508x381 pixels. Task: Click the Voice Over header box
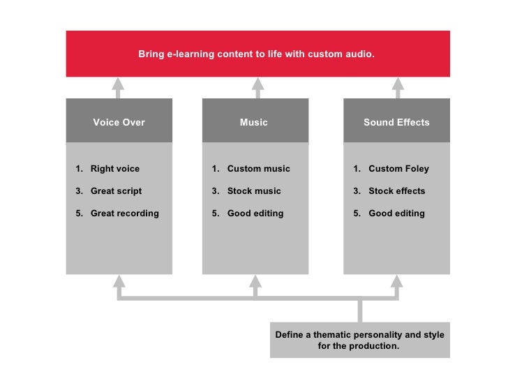coord(119,122)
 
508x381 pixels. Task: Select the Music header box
coord(254,122)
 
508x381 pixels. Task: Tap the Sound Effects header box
coord(396,122)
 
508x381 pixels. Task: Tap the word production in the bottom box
coord(375,346)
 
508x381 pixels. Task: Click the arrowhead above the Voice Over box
coord(119,84)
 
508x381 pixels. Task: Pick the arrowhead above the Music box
coord(257,84)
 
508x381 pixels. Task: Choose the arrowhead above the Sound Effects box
coord(398,84)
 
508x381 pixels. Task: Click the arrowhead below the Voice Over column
coord(119,281)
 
